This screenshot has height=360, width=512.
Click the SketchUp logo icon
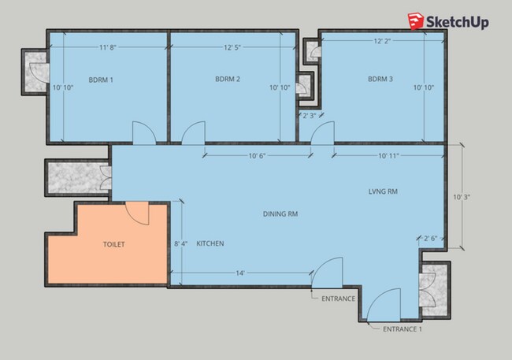coord(416,21)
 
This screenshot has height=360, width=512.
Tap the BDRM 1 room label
coord(101,80)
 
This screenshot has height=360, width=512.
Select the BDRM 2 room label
coord(228,79)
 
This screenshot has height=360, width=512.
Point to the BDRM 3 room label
coord(380,79)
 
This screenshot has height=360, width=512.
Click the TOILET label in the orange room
coord(114,244)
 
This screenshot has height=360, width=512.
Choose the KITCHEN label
coord(210,243)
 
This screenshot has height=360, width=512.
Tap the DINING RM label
coord(280,214)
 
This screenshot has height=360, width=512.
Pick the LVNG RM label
coord(383,191)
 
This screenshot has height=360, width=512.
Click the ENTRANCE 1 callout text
coord(403,329)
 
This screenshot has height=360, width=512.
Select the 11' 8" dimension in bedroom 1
coord(108,47)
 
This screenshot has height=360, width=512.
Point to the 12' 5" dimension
coord(232,47)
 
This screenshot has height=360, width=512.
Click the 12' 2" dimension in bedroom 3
coord(382,41)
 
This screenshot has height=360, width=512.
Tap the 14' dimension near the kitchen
coord(240,273)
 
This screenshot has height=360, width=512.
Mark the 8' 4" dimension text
coord(180,243)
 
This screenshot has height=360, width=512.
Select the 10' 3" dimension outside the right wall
coord(462,197)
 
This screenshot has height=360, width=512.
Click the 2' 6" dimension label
coord(430,239)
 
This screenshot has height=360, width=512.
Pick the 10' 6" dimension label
coord(258,156)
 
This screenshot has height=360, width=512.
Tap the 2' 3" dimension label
coord(310,116)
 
